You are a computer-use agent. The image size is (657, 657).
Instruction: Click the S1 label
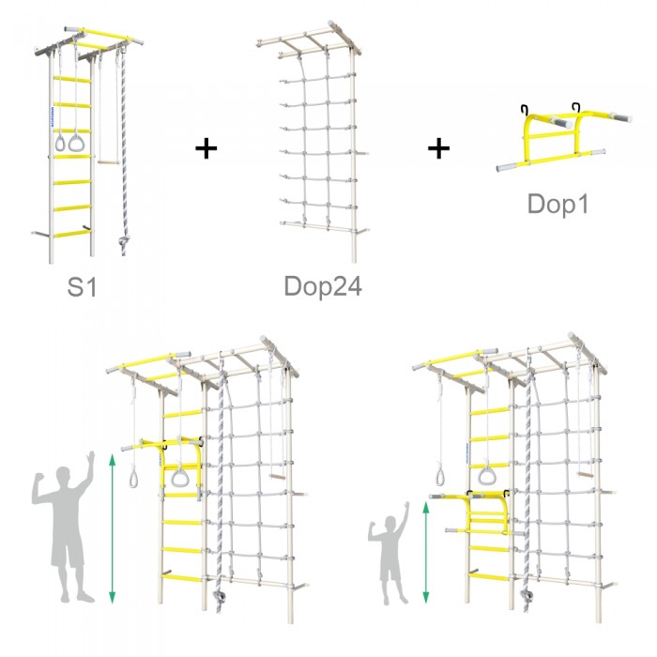[83, 287]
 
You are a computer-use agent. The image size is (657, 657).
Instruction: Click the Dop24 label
[323, 286]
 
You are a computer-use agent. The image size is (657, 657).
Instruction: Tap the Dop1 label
[558, 204]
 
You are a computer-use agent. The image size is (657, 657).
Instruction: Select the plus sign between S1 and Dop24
[206, 148]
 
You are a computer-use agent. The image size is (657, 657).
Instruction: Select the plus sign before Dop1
[438, 148]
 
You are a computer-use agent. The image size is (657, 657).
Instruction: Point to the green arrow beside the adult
[112, 528]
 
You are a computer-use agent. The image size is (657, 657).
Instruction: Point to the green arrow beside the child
[426, 553]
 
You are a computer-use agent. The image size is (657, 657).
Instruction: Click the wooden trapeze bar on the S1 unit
[109, 161]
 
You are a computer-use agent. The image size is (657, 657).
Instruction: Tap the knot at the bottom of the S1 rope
[123, 242]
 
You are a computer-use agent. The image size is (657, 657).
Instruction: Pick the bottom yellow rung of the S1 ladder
[71, 235]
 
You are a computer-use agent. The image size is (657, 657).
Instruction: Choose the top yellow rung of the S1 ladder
[71, 79]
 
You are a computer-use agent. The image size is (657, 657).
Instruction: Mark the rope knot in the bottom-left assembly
[219, 596]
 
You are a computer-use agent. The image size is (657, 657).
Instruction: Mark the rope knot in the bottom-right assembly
[526, 594]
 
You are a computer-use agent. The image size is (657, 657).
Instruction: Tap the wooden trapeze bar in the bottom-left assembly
[278, 477]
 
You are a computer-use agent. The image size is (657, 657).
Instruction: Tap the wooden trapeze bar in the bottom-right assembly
[586, 475]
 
